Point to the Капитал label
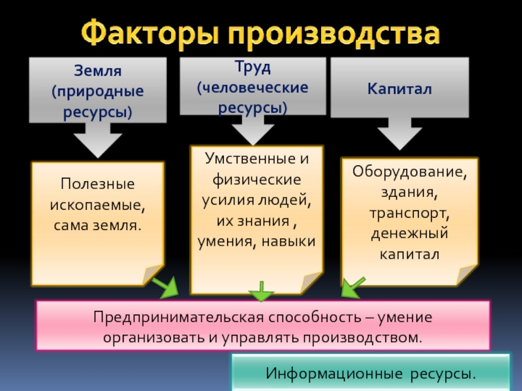point(399,88)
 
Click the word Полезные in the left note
point(97,184)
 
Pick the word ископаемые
point(97,205)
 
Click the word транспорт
point(410,212)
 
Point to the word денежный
point(410,233)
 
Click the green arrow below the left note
point(166,286)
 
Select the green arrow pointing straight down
point(262,291)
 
